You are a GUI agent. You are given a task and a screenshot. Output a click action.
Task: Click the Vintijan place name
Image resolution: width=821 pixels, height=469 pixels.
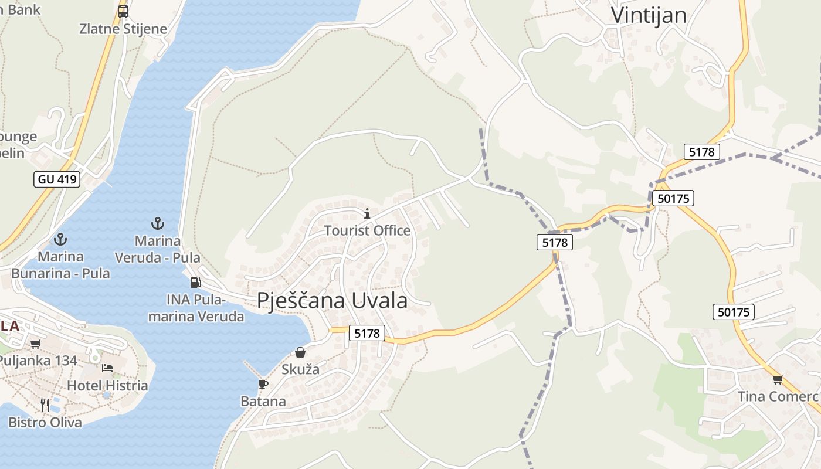tap(649, 15)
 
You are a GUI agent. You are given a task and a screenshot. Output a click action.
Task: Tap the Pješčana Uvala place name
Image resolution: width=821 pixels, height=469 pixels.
tap(332, 300)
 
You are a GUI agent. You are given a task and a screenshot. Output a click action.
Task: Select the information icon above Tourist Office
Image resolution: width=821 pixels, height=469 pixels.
tap(367, 213)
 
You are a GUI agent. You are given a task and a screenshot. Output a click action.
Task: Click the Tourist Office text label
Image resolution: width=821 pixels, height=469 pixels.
tap(367, 230)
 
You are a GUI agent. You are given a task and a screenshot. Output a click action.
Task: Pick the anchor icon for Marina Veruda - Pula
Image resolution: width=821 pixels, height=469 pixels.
tap(157, 223)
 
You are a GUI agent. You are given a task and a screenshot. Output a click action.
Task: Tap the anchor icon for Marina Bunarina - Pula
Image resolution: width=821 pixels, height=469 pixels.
tap(60, 239)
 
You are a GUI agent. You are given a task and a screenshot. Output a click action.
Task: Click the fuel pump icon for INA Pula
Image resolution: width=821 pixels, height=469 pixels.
tap(195, 283)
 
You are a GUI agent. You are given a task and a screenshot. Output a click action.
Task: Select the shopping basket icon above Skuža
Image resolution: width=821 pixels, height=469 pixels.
tap(300, 352)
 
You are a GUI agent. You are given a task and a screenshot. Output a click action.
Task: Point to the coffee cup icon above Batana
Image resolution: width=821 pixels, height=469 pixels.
tap(263, 384)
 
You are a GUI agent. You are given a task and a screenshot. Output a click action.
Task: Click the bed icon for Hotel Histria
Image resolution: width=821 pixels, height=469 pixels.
tap(107, 368)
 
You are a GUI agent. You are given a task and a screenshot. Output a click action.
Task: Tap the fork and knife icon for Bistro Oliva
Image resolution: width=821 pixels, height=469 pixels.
tap(45, 405)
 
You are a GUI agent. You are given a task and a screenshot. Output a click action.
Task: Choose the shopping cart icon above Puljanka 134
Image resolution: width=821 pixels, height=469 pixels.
tap(36, 344)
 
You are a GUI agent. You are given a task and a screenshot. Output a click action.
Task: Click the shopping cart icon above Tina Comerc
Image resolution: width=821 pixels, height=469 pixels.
tap(778, 379)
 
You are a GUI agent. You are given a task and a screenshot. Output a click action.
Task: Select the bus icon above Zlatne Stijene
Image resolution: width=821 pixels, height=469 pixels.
tap(123, 12)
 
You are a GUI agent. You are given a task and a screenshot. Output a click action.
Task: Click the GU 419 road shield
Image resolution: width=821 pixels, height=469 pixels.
tap(57, 179)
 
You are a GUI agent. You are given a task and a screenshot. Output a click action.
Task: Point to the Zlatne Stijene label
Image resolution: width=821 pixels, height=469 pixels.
tap(123, 29)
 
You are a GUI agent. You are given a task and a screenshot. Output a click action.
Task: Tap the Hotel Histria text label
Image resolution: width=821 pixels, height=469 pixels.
tap(107, 386)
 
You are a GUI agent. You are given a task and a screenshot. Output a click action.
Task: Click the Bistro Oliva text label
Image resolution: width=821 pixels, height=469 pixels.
tap(45, 422)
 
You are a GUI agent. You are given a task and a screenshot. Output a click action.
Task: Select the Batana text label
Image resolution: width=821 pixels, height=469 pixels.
tap(263, 402)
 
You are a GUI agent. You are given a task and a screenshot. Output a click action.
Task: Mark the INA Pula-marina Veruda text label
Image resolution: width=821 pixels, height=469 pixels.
tap(205, 308)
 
